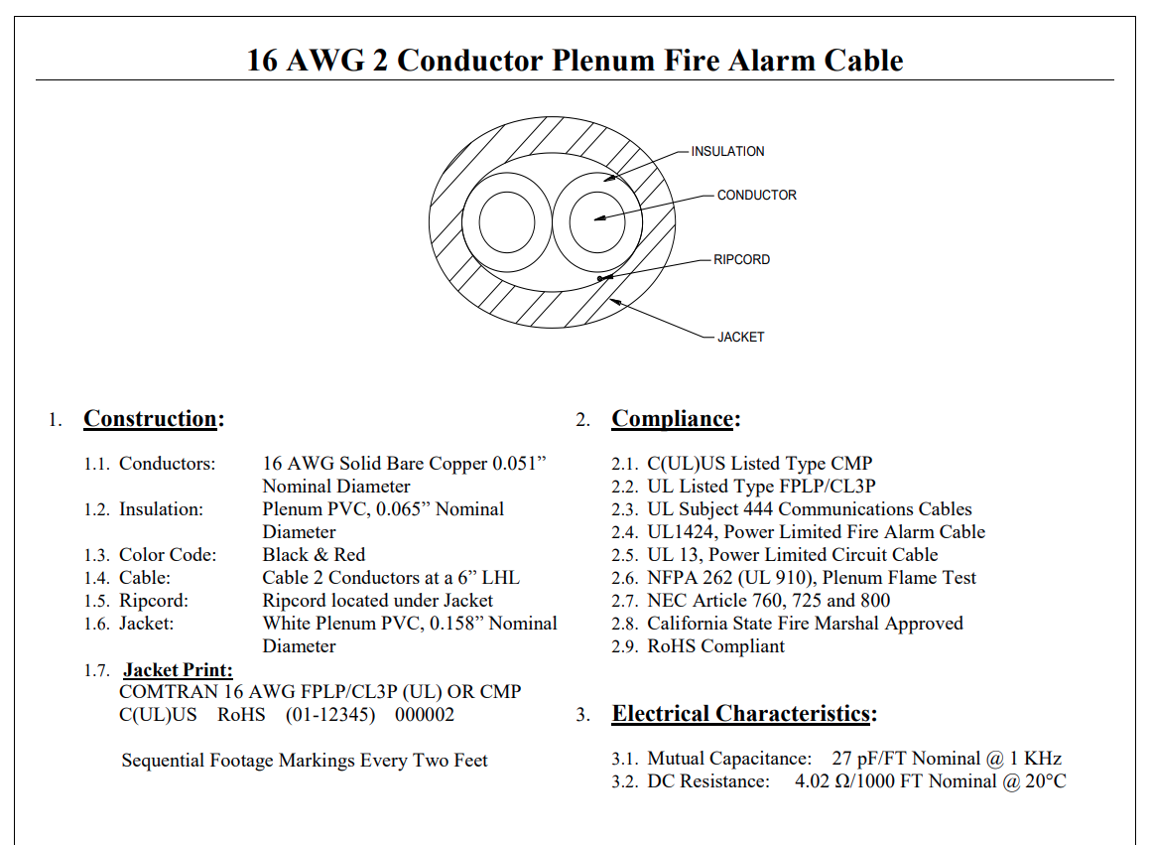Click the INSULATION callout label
727,151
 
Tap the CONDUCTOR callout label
756,195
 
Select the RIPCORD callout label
741,259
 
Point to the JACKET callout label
740,337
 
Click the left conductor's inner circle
507,220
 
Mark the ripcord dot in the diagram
598,278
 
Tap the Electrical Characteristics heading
743,714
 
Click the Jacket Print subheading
178,670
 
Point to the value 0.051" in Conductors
519,464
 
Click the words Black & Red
314,555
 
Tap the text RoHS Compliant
715,646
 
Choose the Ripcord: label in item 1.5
153,601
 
